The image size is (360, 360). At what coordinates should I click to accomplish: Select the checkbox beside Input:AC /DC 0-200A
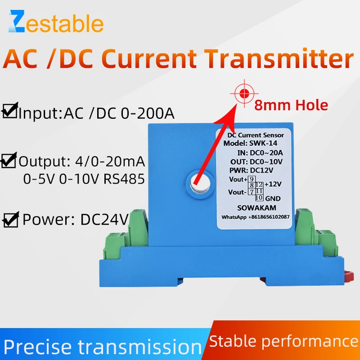pos(9,111)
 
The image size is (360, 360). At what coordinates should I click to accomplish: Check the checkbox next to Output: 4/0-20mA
pos(9,161)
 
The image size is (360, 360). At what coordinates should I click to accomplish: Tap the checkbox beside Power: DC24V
pos(10,220)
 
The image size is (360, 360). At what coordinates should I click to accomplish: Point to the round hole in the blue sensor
pos(199,182)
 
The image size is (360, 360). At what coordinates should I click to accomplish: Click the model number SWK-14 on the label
pos(265,144)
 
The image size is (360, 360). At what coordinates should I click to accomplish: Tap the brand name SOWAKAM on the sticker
pos(255,208)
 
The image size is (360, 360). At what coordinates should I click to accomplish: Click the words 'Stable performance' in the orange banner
pos(283,340)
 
